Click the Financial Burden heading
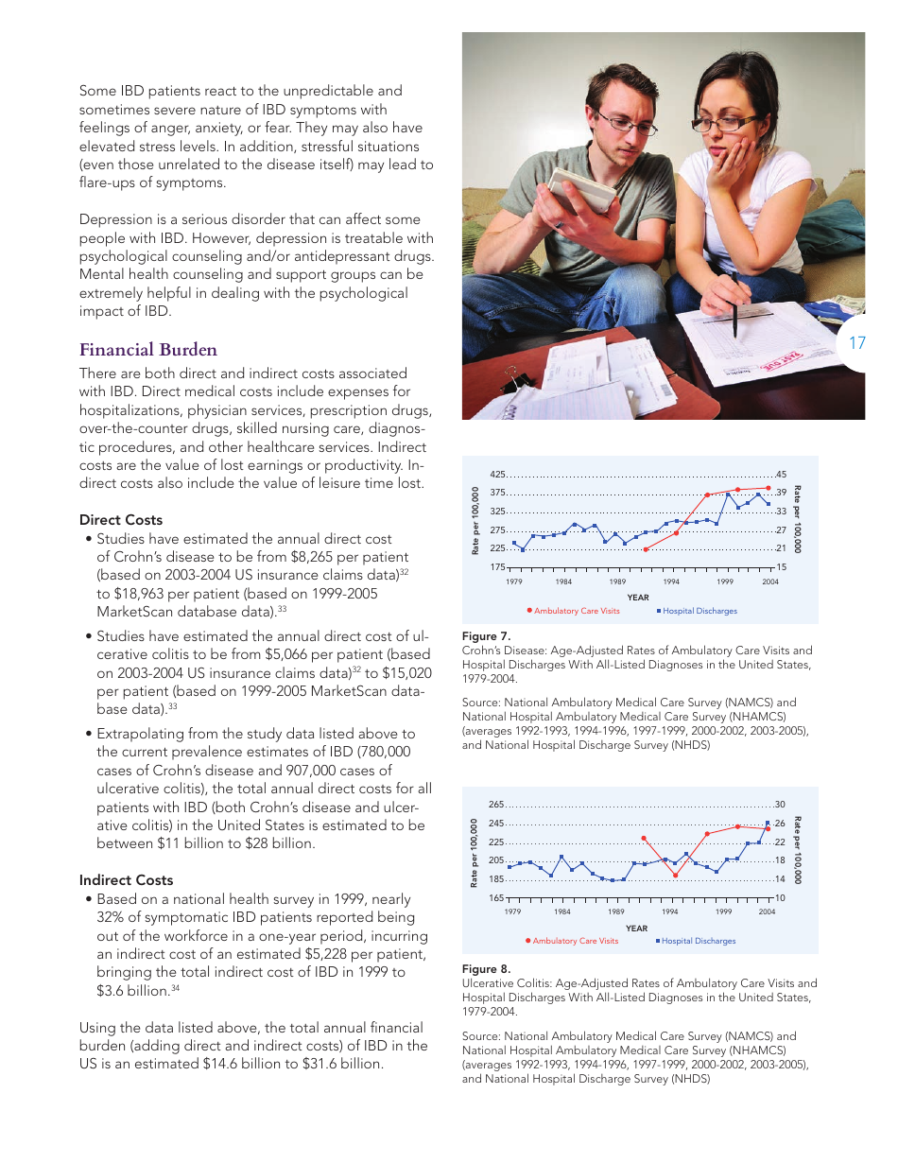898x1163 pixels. pos(148,350)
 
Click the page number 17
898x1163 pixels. pos(857,343)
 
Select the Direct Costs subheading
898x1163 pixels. pos(121,520)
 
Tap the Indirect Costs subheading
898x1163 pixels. pos(126,880)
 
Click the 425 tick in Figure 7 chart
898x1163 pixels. pos(497,475)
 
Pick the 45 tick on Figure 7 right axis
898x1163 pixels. pos(781,475)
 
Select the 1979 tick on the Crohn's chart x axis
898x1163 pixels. pos(513,581)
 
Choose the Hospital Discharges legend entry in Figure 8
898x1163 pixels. pos(698,941)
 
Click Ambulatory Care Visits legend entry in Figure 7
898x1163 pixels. pos(576,611)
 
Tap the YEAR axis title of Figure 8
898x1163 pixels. pos(636,928)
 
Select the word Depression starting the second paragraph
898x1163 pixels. pos(115,219)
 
